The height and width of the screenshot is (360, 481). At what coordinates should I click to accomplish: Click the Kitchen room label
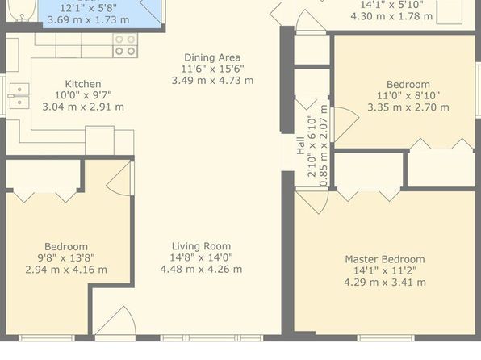83,84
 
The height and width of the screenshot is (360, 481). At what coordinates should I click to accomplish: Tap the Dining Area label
212,57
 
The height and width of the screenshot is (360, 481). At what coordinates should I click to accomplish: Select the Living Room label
201,246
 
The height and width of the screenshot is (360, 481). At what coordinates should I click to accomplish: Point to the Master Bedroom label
385,259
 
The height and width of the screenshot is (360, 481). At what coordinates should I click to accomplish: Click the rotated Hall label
300,145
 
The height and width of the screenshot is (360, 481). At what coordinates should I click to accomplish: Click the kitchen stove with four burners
125,45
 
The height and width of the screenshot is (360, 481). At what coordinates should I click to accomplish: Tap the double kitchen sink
19,96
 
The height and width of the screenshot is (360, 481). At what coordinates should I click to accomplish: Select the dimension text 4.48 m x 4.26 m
201,269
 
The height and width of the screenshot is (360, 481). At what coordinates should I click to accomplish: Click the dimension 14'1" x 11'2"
385,270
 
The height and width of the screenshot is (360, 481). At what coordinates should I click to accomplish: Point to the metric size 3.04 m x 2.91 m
83,107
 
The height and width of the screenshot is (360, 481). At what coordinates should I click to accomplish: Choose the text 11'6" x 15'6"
212,69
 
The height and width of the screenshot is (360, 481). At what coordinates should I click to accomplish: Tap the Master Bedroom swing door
312,202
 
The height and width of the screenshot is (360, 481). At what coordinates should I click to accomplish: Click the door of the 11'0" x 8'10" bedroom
345,123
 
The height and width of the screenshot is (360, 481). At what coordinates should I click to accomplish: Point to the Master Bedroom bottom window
386,338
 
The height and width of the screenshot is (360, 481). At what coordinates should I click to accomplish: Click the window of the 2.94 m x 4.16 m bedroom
47,338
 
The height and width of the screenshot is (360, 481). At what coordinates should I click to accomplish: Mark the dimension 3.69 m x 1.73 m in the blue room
88,19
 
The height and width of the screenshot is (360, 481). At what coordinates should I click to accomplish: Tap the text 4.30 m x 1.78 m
391,16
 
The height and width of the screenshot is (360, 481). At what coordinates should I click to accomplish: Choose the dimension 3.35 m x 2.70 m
408,107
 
